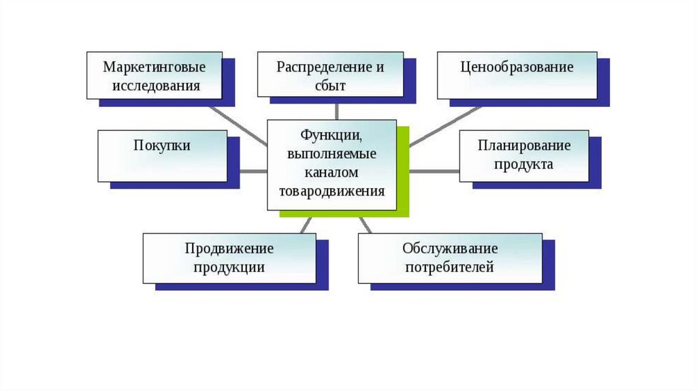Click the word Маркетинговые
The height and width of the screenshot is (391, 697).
pyautogui.click(x=154, y=67)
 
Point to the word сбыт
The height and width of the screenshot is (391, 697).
pyautogui.click(x=331, y=86)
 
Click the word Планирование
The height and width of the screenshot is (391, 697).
pyautogui.click(x=523, y=146)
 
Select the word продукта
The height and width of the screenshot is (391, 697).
pyautogui.click(x=524, y=164)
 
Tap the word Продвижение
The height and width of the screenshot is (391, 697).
pyautogui.click(x=229, y=249)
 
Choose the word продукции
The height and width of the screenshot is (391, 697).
pyautogui.click(x=229, y=267)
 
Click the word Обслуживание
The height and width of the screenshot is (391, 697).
pyautogui.click(x=450, y=249)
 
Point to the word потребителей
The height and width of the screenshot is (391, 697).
pyautogui.click(x=449, y=267)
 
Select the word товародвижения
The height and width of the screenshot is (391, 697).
pyautogui.click(x=331, y=191)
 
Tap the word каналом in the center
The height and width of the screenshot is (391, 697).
pyautogui.click(x=331, y=172)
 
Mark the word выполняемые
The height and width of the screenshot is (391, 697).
pyautogui.click(x=331, y=154)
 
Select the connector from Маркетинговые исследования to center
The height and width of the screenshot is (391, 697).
pyautogui.click(x=238, y=124)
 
